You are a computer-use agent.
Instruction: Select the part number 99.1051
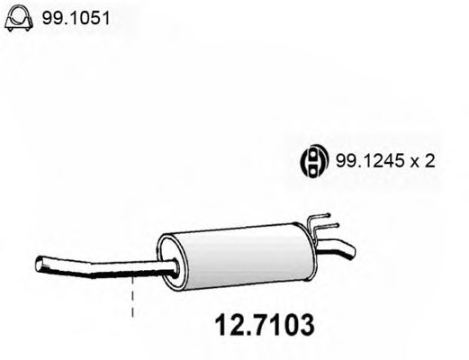point(67,17)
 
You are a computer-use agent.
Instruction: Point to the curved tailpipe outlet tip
point(347,249)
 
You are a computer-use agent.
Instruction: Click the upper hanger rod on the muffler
point(324,218)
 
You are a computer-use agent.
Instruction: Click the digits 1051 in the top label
point(77,17)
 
